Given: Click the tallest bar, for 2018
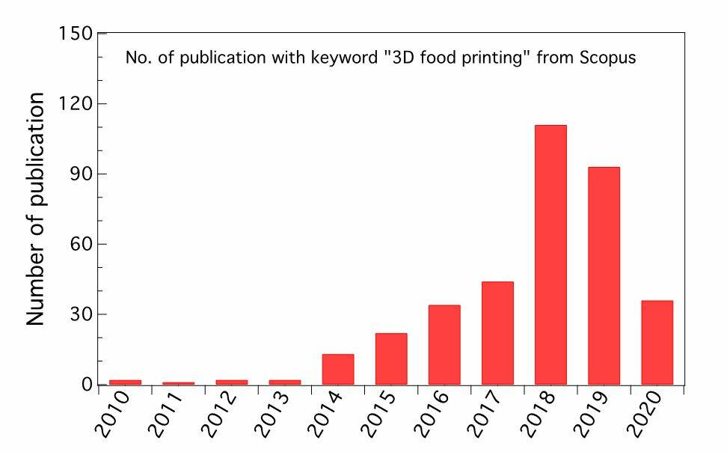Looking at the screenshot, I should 550,254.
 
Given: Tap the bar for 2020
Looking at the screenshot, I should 657,342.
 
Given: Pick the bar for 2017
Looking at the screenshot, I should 497,333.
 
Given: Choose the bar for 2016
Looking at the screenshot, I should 444,344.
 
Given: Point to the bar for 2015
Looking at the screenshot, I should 391,358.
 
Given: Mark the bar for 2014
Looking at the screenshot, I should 338,369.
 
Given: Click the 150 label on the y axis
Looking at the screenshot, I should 74,34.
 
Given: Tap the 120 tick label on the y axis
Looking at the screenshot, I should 74,104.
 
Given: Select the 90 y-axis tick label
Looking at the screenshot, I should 79,174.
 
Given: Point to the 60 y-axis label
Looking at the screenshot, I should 79,244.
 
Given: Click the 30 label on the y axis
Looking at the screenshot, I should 79,314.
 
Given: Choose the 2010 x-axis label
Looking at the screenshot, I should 113,415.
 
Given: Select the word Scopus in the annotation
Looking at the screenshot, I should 608,58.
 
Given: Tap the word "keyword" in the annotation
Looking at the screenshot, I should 345,58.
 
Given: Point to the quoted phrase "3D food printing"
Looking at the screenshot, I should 458,58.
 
